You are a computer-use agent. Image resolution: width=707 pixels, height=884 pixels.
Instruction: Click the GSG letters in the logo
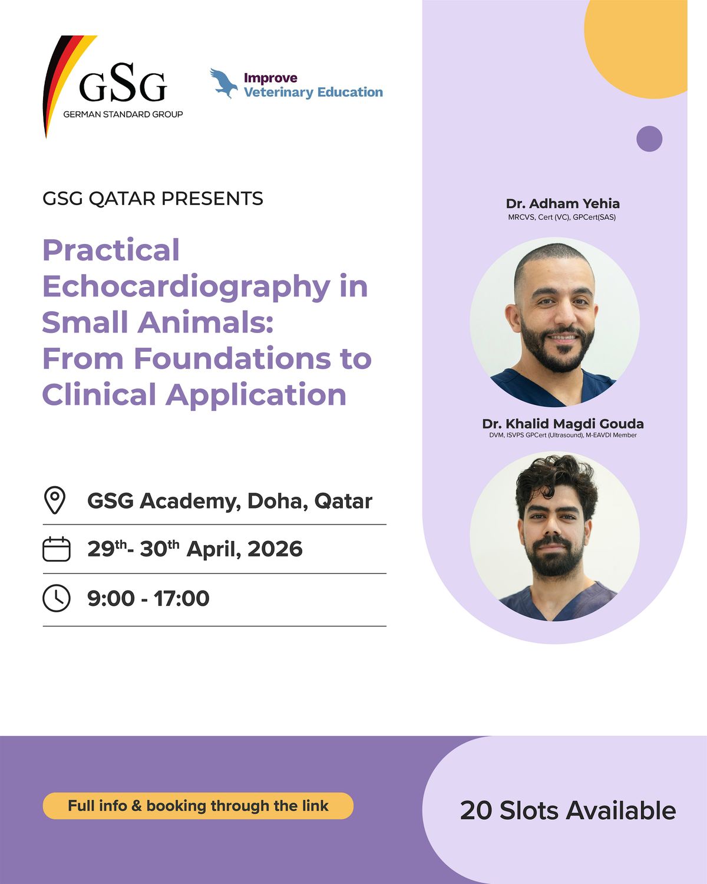pos(123,83)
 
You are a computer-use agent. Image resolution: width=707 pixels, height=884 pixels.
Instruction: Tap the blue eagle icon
pos(224,83)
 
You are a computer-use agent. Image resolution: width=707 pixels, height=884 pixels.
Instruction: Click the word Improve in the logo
pos(270,78)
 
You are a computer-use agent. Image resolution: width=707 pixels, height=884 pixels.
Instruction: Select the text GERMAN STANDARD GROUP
pos(123,114)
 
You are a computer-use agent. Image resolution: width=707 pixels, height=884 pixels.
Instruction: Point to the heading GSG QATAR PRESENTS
pos(153,199)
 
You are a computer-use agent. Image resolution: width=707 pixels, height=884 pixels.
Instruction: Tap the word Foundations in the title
pos(232,358)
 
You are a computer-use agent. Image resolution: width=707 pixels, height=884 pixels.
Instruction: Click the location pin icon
pos(55,500)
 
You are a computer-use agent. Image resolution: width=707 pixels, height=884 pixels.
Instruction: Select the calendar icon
pos(57,549)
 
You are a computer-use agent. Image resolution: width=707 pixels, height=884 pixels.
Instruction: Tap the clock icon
pos(57,598)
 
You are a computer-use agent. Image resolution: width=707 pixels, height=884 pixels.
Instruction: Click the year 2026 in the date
pos(275,549)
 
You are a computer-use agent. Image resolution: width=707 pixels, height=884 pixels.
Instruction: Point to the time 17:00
pos(181,598)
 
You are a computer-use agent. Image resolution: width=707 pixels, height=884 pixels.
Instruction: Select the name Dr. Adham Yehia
pos(563,204)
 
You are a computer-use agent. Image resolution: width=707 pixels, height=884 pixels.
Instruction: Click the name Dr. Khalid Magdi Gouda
pos(563,424)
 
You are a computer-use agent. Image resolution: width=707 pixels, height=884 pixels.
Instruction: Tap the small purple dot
pos(649,138)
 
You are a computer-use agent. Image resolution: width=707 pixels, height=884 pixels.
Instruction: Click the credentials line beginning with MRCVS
pos(562,217)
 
